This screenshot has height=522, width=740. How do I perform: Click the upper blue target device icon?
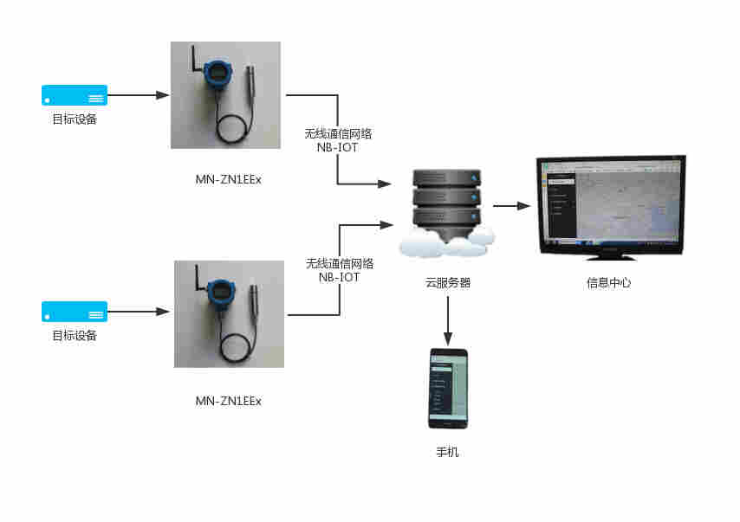pos(75,94)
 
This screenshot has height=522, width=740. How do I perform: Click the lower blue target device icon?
pos(75,311)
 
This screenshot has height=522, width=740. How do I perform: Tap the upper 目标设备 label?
pos(75,119)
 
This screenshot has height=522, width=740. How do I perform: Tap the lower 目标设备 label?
pos(75,336)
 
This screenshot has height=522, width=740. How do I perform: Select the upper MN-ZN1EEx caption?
pos(229,179)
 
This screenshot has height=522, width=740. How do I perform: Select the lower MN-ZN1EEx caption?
pos(229,401)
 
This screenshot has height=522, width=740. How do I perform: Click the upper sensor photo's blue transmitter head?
pos(214,74)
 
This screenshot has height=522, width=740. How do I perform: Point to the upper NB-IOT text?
pos(338,147)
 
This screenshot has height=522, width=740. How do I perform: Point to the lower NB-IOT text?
pos(339,277)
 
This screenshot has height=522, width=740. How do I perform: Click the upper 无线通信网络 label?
pos(338,134)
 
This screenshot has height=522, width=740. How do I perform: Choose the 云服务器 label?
pos(448,282)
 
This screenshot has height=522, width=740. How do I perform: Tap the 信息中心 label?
pos(609,282)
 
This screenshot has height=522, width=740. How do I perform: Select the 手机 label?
pos(447,452)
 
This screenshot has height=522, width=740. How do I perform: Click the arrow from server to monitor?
pos(511,206)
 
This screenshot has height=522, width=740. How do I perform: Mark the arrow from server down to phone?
pos(448,320)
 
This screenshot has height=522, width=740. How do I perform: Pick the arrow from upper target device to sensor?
pos(138,95)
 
